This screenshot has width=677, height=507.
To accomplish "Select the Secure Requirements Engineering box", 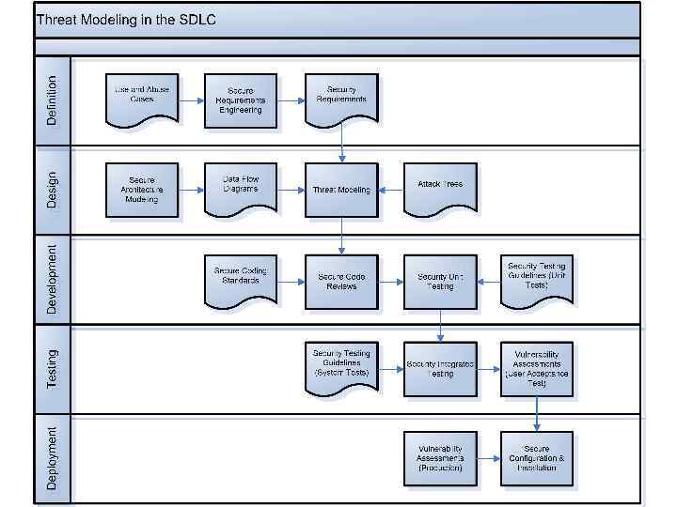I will (x=241, y=100).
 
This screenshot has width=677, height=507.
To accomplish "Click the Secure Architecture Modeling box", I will (x=141, y=189).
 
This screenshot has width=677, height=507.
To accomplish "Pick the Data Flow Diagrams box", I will (x=241, y=187).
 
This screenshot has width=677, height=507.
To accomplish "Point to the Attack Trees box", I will (x=440, y=187).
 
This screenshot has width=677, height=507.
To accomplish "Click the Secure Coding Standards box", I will (x=241, y=279).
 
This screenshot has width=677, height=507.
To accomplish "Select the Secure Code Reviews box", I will (x=341, y=281).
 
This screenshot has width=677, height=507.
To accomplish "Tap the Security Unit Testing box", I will (x=440, y=281).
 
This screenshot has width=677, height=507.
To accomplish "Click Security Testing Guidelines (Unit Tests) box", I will (x=537, y=279).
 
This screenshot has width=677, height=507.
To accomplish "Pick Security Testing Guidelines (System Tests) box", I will (x=341, y=366).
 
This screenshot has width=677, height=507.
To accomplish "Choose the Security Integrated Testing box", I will (x=440, y=369).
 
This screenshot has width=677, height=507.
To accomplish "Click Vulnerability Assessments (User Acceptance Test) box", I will (x=537, y=369).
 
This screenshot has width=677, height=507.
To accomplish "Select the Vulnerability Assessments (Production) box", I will (x=440, y=458).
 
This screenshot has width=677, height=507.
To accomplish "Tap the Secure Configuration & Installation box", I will (x=537, y=458).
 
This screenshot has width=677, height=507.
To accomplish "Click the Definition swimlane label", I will (x=52, y=100).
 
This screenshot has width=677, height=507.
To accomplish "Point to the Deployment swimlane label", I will (x=52, y=458).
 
